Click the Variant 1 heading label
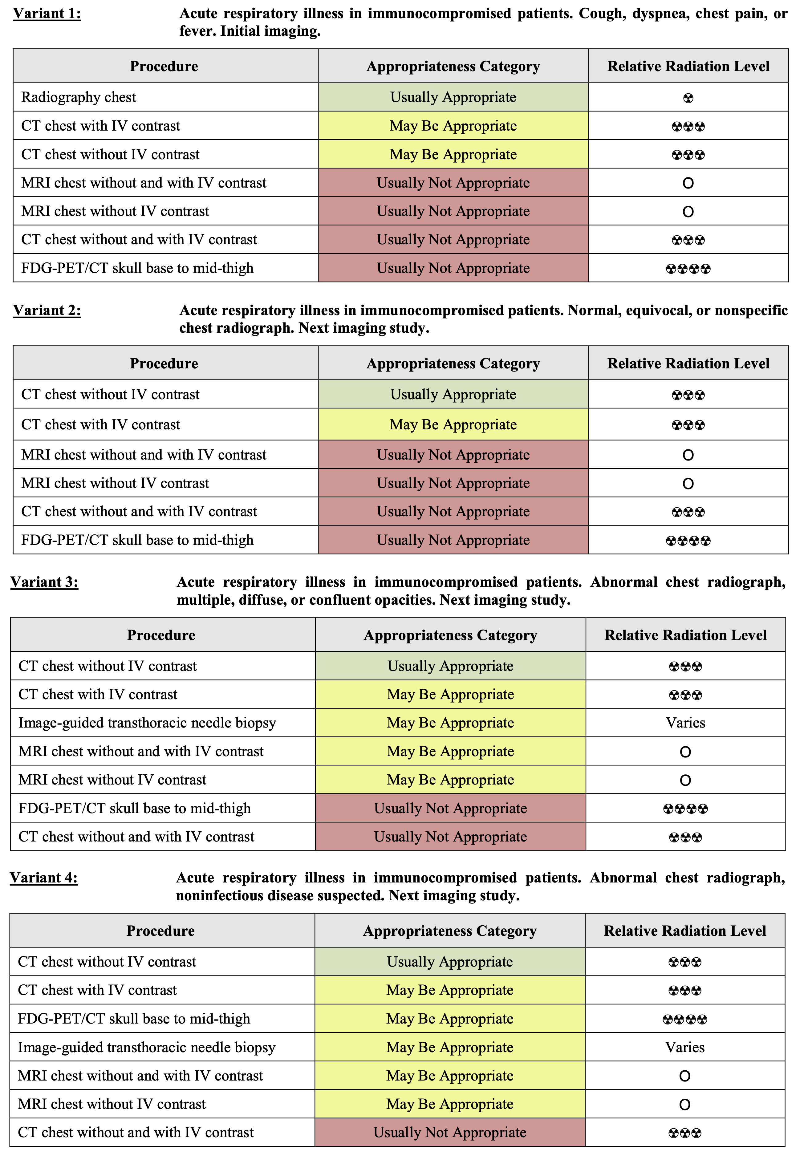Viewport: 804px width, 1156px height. [x=47, y=14]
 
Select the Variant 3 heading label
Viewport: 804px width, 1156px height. [x=44, y=582]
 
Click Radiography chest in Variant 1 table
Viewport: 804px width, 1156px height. [x=79, y=97]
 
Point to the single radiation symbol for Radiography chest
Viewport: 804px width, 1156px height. [x=688, y=98]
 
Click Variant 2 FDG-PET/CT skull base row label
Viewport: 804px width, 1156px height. [x=137, y=540]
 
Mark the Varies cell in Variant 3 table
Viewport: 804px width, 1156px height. [x=685, y=723]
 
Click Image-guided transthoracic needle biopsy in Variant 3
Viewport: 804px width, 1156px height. [x=147, y=723]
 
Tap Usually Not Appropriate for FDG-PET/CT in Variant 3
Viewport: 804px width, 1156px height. [x=450, y=809]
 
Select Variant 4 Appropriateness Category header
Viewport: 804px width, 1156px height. [x=449, y=931]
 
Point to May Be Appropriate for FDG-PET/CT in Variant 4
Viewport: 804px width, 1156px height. [x=449, y=1019]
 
